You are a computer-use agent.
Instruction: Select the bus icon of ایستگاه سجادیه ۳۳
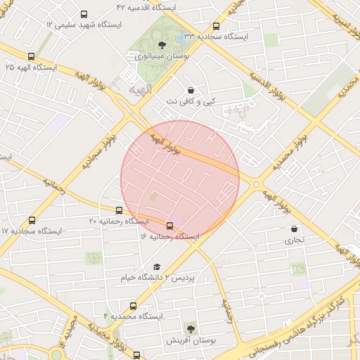click(215, 27)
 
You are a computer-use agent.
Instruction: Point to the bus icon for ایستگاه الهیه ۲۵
click(31, 57)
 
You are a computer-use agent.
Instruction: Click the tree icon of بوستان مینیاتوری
click(162, 44)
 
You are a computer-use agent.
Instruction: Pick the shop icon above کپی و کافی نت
click(191, 90)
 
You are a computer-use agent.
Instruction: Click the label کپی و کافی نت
click(191, 102)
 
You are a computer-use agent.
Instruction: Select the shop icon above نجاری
click(294, 229)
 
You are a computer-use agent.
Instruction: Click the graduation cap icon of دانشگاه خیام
click(156, 266)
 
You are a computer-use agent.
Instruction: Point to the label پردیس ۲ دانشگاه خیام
click(156, 278)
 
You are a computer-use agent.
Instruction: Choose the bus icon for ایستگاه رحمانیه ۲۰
click(119, 210)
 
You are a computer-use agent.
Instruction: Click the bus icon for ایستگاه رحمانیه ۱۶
click(170, 226)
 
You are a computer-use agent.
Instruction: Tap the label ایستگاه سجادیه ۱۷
click(31, 231)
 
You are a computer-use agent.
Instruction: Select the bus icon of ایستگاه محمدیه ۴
click(133, 306)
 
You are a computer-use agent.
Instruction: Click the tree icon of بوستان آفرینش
click(191, 328)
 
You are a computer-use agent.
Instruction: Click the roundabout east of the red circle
click(256, 184)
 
